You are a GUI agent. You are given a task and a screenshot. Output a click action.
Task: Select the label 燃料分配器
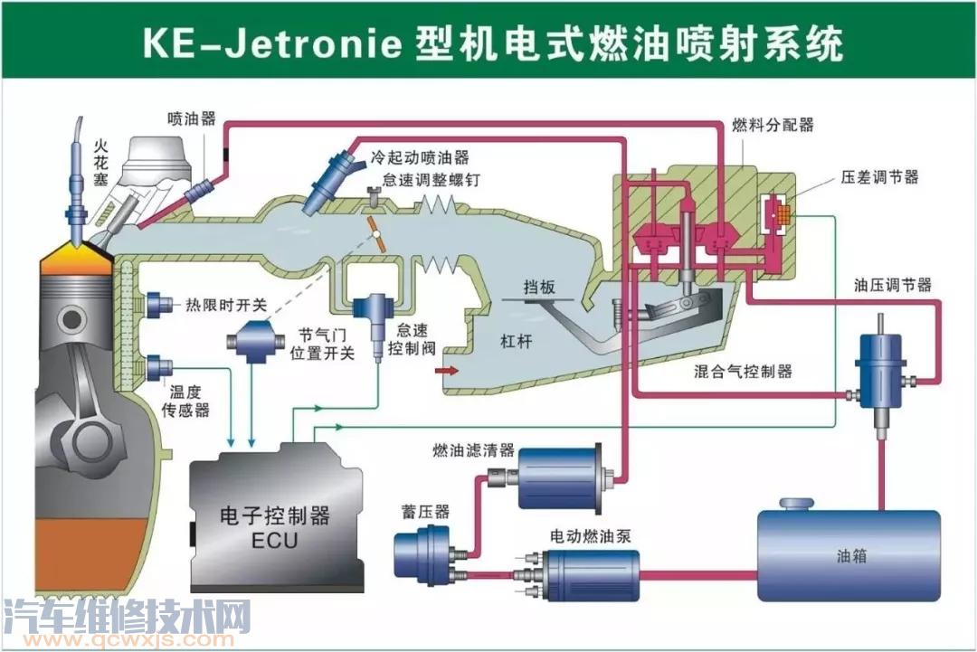773,125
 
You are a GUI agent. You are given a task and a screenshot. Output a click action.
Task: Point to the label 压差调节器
879,177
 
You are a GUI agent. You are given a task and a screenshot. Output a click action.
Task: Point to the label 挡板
539,288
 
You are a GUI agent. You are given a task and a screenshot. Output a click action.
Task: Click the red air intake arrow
447,371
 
